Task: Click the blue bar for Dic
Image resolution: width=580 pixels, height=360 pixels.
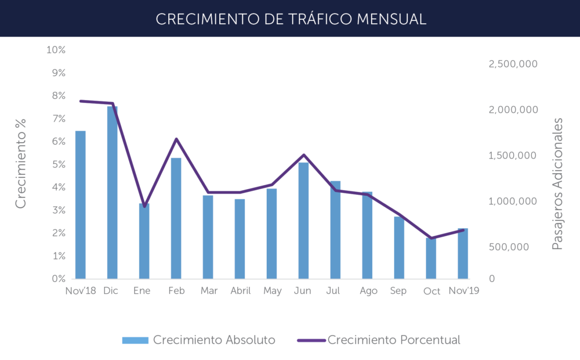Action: [113, 192]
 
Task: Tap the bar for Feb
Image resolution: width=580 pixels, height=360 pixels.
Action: [176, 218]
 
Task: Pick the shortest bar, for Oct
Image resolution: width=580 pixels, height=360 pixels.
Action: [431, 258]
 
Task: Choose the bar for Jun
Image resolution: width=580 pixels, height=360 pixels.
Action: [304, 221]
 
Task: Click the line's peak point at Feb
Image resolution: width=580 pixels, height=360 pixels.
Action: [176, 139]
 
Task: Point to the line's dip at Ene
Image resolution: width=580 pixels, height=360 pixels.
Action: [144, 207]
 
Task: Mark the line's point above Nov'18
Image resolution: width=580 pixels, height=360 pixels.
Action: [80, 101]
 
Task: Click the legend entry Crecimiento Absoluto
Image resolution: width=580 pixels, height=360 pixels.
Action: [199, 340]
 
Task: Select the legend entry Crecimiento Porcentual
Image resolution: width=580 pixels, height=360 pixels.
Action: [378, 340]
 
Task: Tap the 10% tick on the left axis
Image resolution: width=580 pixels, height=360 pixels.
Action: [56, 50]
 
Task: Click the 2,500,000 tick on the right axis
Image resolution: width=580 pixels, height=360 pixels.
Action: [513, 64]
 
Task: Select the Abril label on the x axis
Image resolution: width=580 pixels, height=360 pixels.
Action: [240, 291]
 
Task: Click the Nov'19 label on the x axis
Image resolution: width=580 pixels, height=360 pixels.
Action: [463, 291]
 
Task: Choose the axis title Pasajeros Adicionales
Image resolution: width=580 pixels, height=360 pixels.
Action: [558, 184]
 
